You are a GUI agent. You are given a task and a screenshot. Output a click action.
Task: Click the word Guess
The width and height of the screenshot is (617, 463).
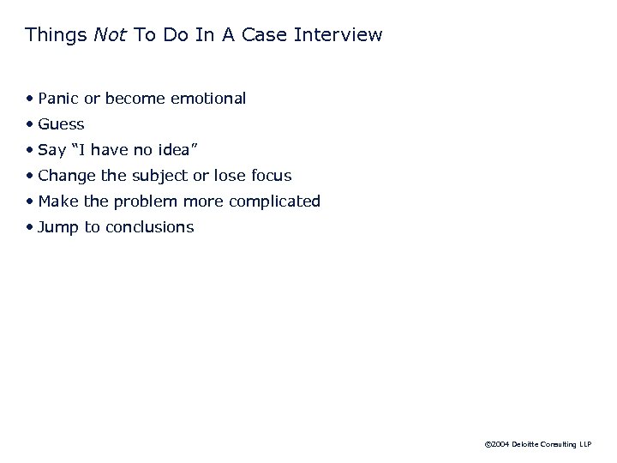pyautogui.click(x=62, y=124)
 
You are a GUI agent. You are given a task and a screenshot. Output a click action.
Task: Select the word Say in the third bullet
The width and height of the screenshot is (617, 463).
pyautogui.click(x=52, y=150)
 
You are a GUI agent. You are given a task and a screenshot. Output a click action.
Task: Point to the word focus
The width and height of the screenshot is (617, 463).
pyautogui.click(x=270, y=176)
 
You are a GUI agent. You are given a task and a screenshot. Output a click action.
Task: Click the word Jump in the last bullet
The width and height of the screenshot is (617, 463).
pyautogui.click(x=58, y=227)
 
